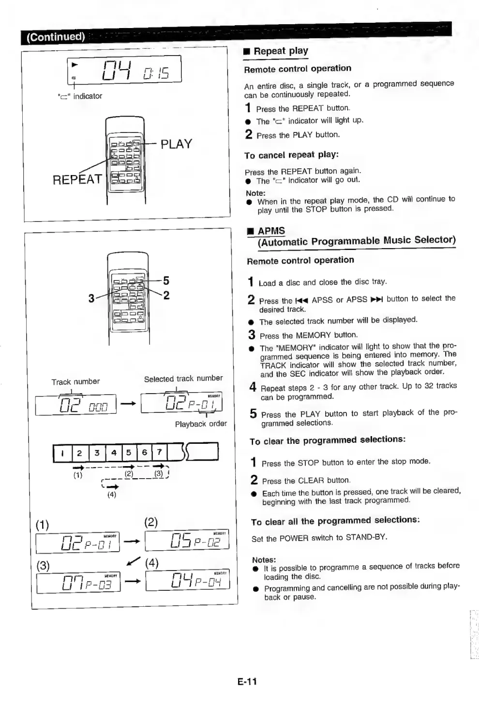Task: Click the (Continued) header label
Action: coord(56,37)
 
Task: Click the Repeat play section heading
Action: coord(281,51)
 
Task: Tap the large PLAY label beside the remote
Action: coord(176,144)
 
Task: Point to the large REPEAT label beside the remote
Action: coord(77,179)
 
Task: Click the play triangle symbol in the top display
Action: coord(75,64)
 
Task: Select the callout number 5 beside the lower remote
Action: coord(166,280)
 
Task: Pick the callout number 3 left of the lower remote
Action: coord(91,298)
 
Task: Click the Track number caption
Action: coord(75,381)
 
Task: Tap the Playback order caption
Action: coord(201,424)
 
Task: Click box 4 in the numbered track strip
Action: coord(114,453)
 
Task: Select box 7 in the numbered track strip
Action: coord(159,453)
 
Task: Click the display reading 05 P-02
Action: coord(187,541)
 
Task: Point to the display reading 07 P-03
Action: coord(78,583)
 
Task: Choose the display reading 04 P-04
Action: coord(188,581)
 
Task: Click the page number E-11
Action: coord(247,681)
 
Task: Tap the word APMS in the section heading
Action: coord(271,231)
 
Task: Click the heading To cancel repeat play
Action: coord(291,155)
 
